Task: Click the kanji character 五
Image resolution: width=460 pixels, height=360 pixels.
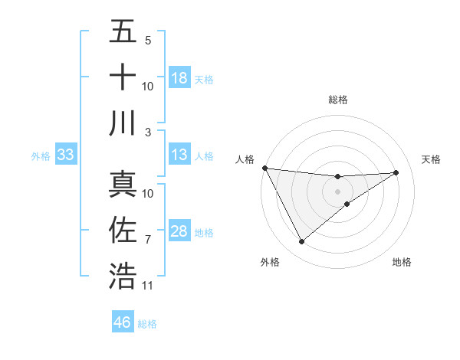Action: [x=123, y=32]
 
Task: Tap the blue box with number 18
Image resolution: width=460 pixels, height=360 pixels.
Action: [x=179, y=78]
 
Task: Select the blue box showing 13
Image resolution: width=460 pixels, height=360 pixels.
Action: [x=179, y=155]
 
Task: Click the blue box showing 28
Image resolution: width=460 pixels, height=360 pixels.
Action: [x=179, y=232]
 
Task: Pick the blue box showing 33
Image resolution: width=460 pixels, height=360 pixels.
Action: [x=65, y=155]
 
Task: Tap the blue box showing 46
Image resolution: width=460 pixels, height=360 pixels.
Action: [x=123, y=322]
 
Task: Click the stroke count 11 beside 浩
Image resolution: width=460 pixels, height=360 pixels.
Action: [x=148, y=286]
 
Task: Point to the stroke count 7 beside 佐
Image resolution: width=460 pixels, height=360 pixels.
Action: [x=148, y=240]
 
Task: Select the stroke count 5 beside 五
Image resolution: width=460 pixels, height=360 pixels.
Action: [x=148, y=40]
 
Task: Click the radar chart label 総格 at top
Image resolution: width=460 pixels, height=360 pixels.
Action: [x=338, y=100]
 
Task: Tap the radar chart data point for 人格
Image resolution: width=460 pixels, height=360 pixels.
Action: [x=264, y=168]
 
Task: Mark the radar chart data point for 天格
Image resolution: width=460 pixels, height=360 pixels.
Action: [x=396, y=172]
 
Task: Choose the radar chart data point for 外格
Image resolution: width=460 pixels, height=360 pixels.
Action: [x=301, y=242]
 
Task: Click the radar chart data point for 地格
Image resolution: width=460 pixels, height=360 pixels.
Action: [x=347, y=204]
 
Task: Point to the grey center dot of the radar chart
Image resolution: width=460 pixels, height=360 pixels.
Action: [x=338, y=191]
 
